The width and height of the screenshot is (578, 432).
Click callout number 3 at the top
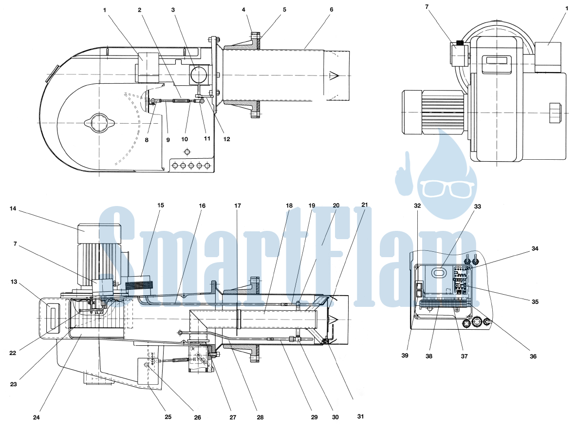click(173, 10)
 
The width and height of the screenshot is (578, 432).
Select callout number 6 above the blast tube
click(332, 10)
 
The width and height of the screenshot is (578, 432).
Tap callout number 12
click(227, 139)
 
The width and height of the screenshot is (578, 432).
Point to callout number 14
click(13, 208)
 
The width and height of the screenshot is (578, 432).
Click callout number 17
click(238, 206)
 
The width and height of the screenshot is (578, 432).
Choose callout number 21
click(365, 205)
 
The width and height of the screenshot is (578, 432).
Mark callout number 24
click(36, 417)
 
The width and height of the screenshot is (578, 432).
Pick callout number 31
click(360, 416)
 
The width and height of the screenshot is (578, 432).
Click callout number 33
click(477, 207)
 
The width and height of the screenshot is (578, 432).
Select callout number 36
click(533, 356)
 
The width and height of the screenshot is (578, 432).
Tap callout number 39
click(405, 356)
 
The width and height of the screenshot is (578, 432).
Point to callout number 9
click(168, 140)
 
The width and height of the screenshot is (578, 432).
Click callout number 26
click(198, 417)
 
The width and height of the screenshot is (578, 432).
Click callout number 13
click(14, 282)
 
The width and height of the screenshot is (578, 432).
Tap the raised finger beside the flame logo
click(404, 173)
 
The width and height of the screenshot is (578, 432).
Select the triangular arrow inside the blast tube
click(334, 76)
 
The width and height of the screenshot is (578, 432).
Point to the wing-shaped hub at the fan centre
click(99, 122)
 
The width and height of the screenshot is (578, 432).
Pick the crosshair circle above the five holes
click(187, 152)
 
